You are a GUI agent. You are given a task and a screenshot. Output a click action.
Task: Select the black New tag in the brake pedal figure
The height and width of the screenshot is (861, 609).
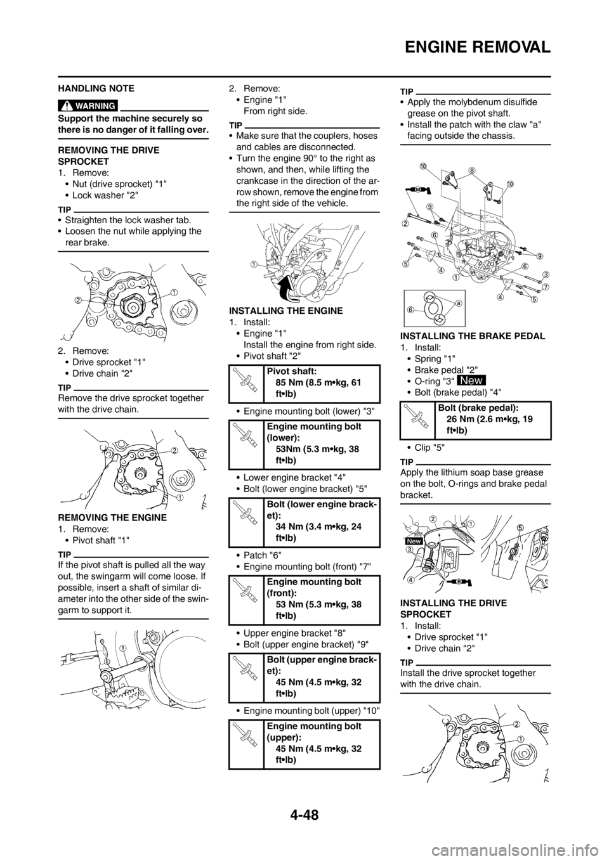[412, 542]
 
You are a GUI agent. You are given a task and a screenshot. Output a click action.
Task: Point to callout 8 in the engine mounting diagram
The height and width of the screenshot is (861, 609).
[472, 170]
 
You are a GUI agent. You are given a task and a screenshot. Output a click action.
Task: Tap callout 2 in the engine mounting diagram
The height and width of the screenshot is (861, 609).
[404, 223]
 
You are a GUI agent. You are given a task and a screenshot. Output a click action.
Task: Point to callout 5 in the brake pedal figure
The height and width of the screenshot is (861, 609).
[520, 528]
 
